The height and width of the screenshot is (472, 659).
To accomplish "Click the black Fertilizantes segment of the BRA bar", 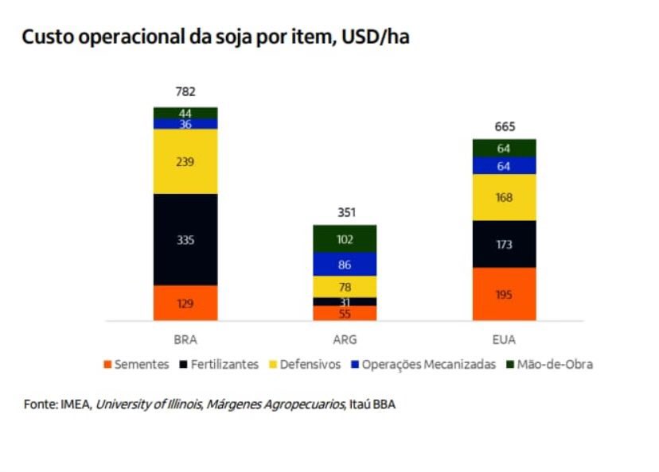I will click(185, 239).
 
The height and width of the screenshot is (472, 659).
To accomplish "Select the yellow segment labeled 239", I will click(185, 161).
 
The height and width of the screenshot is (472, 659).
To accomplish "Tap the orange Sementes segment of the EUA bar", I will click(504, 294).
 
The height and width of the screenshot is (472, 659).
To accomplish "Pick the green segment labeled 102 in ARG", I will click(345, 238).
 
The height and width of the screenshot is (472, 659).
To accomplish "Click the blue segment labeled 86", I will click(345, 264).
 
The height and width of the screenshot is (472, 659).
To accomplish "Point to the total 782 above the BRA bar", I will click(185, 91).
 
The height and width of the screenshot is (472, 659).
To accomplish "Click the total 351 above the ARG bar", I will click(345, 212).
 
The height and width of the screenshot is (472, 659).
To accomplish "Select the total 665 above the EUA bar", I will click(504, 126).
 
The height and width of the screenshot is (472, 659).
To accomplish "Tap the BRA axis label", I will click(185, 339).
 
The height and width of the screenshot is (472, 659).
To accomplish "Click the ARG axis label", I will click(345, 339).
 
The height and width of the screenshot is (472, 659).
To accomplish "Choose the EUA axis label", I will click(504, 339).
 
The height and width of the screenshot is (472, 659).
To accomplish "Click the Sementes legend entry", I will click(136, 365).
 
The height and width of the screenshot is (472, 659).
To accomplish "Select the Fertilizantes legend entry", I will click(224, 365).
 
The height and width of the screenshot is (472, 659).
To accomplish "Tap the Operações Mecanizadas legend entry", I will click(423, 365).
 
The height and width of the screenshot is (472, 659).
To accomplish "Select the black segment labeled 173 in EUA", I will click(504, 244).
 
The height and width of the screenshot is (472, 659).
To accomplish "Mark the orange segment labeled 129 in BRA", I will click(185, 303).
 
